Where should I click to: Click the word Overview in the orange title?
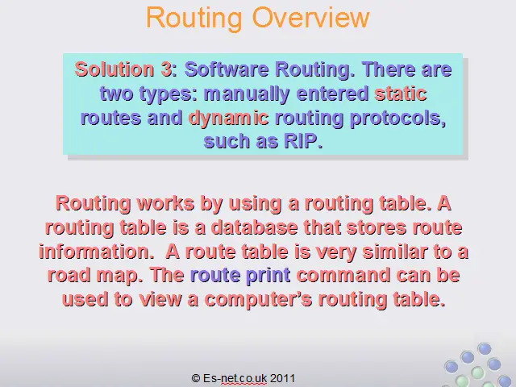tap(310, 17)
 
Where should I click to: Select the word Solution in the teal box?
tap(114, 69)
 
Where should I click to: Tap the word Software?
tap(227, 69)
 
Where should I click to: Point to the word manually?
tap(247, 94)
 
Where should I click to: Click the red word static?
tap(401, 94)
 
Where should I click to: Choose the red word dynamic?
tap(228, 119)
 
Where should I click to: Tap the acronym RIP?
tap(303, 141)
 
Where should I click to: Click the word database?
tap(254, 227)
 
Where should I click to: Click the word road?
tap(69, 276)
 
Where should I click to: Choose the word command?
tap(343, 276)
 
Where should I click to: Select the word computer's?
tap(258, 300)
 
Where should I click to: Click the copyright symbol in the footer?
tap(196, 378)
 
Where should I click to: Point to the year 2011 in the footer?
tap(282, 378)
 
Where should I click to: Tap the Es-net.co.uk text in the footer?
tap(235, 378)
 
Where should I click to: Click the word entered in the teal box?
tap(332, 94)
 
